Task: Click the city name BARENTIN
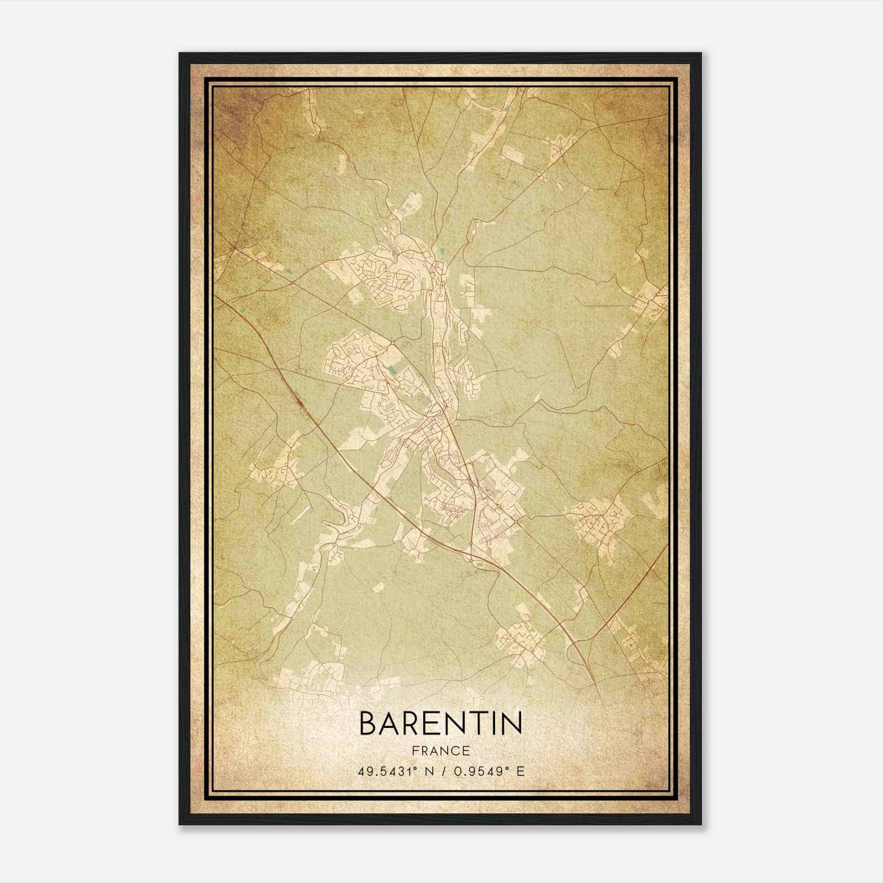tap(440, 723)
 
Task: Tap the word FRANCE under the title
tap(440, 751)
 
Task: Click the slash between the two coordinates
tap(444, 771)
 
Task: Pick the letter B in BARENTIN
tap(370, 723)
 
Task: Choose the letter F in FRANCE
tap(414, 751)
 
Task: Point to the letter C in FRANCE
tap(456, 751)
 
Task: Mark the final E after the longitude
tap(520, 771)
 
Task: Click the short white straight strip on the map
tap(299, 515)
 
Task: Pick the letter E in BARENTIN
tap(433, 723)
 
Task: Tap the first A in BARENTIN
tap(391, 723)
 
